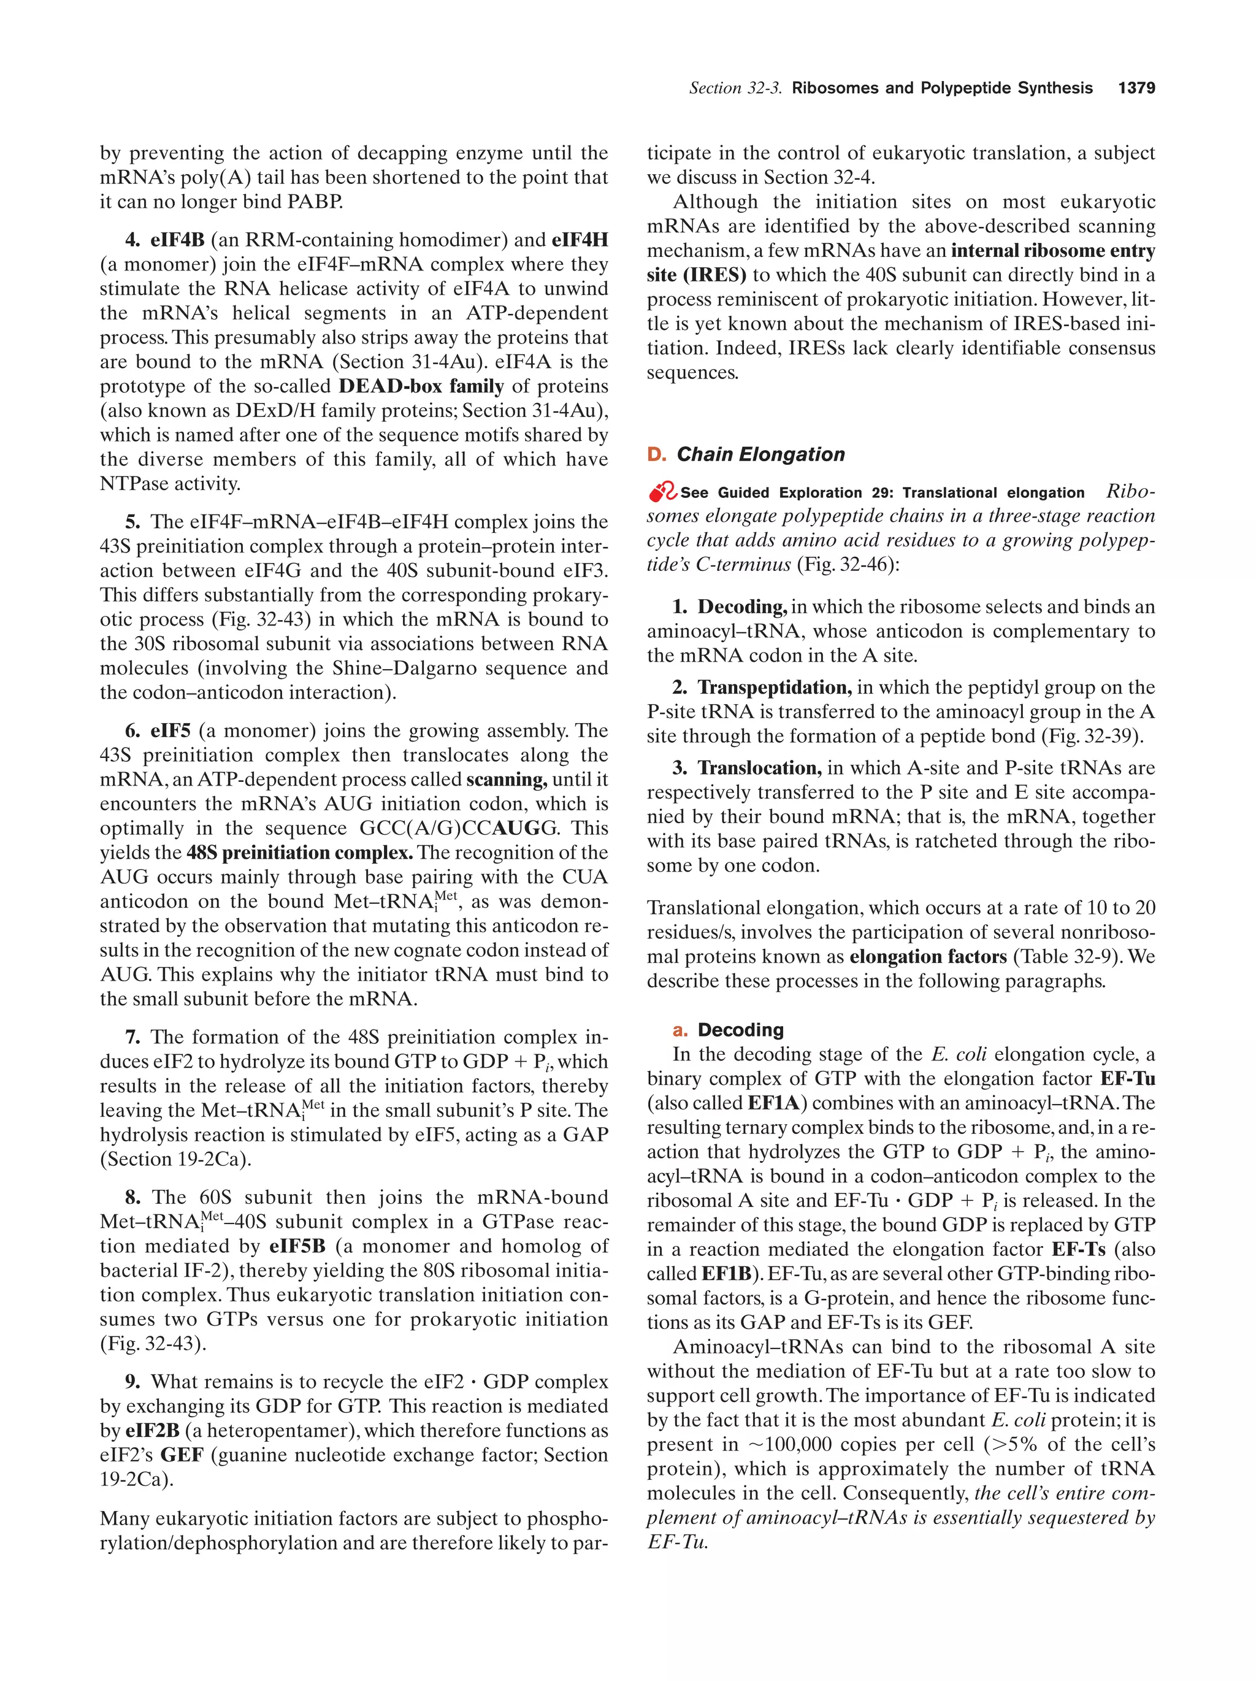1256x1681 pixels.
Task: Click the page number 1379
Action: click(x=1136, y=88)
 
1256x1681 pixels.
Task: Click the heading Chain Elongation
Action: click(x=760, y=454)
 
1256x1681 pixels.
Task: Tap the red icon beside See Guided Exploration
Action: click(x=662, y=492)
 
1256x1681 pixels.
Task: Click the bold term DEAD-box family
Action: click(x=421, y=386)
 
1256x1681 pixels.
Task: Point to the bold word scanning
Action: click(x=506, y=779)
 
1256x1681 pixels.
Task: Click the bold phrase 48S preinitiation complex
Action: click(x=299, y=852)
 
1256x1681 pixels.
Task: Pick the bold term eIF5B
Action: click(x=297, y=1246)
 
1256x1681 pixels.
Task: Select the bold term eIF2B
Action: click(x=152, y=1430)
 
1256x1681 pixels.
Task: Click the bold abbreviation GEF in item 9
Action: click(x=182, y=1455)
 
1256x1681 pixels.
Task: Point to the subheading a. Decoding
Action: click(x=729, y=1030)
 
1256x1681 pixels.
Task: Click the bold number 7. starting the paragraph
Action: click(x=133, y=1037)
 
